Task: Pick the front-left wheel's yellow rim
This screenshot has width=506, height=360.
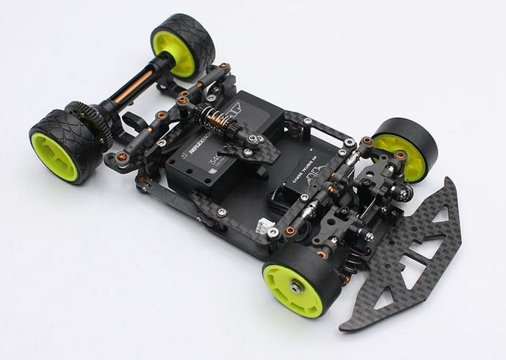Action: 290,287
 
